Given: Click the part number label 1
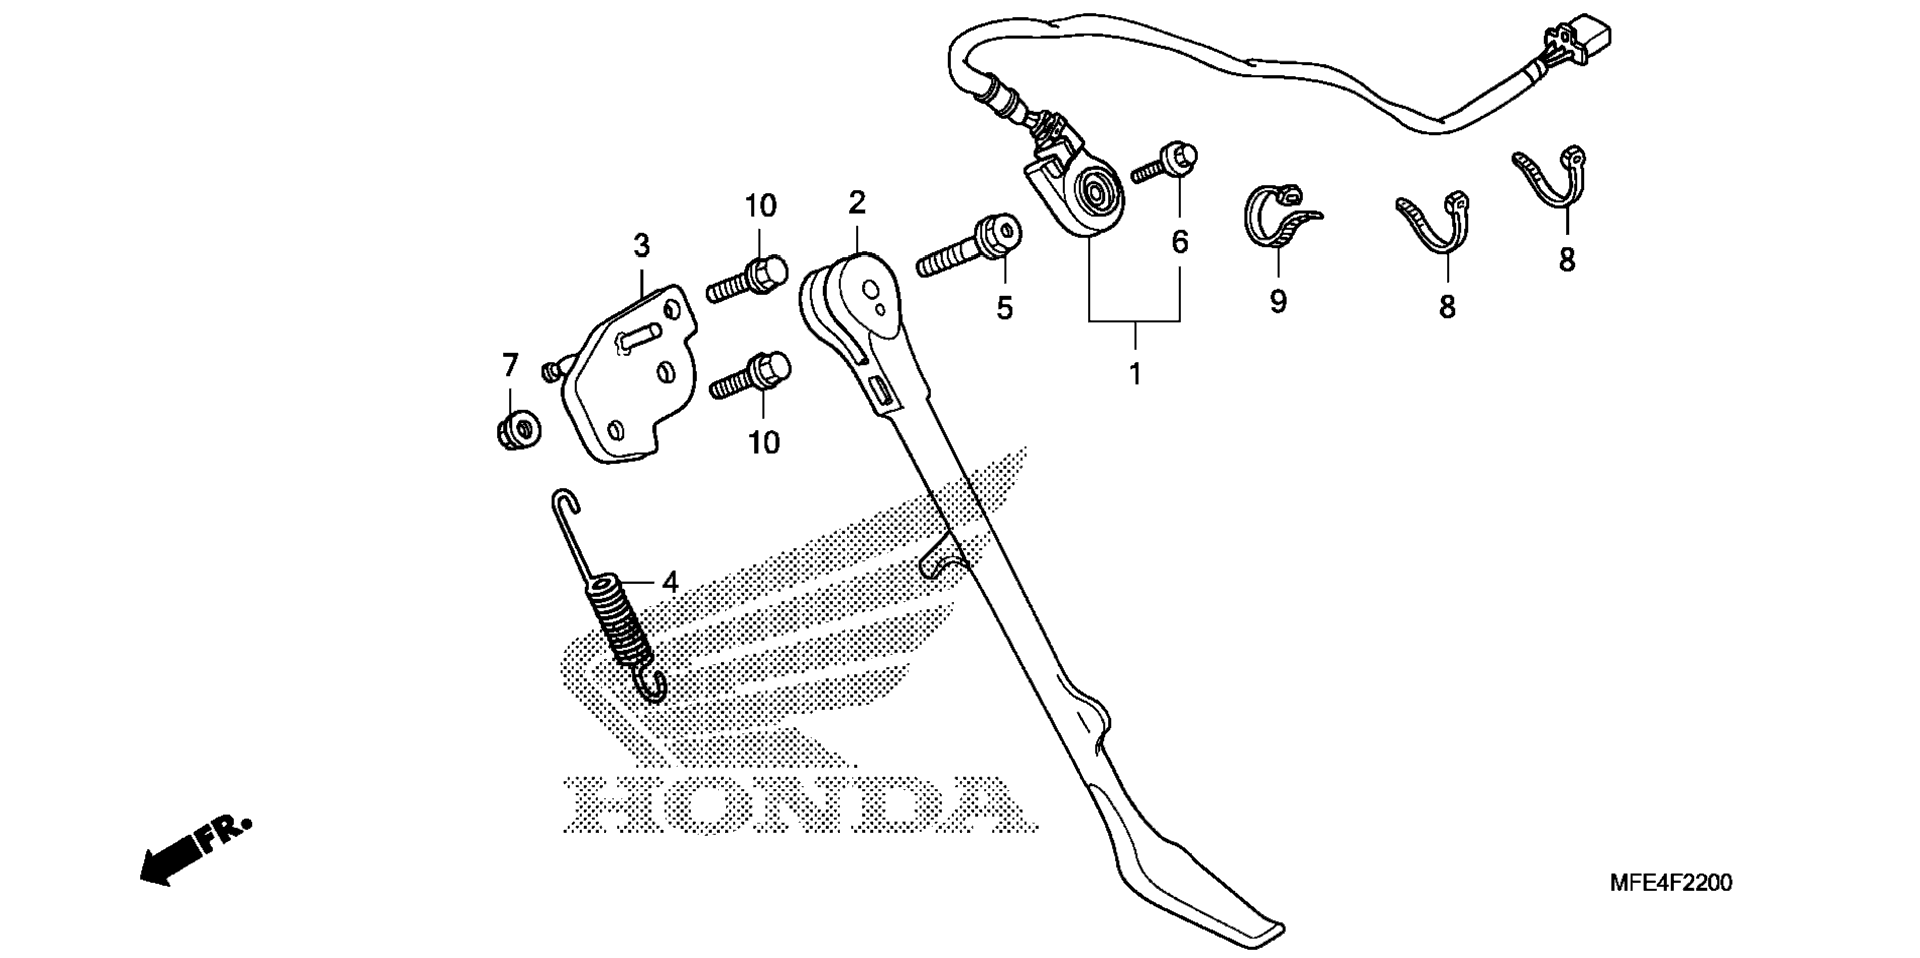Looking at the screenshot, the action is coord(1135,374).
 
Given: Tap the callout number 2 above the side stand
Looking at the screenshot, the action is coord(857,203).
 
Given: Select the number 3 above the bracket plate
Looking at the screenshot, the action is coord(641,245).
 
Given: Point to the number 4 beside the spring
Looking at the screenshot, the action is coord(670,581).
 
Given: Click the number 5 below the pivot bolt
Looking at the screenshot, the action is coord(1004,308).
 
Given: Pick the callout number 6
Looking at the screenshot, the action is coord(1180,242).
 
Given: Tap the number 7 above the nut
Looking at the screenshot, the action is coord(510,365).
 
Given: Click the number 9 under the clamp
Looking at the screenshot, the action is coord(1278,301).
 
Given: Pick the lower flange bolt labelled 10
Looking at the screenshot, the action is coord(750,374).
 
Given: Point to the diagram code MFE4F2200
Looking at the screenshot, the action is coord(1670,883).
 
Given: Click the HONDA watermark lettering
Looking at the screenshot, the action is coord(798,806).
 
